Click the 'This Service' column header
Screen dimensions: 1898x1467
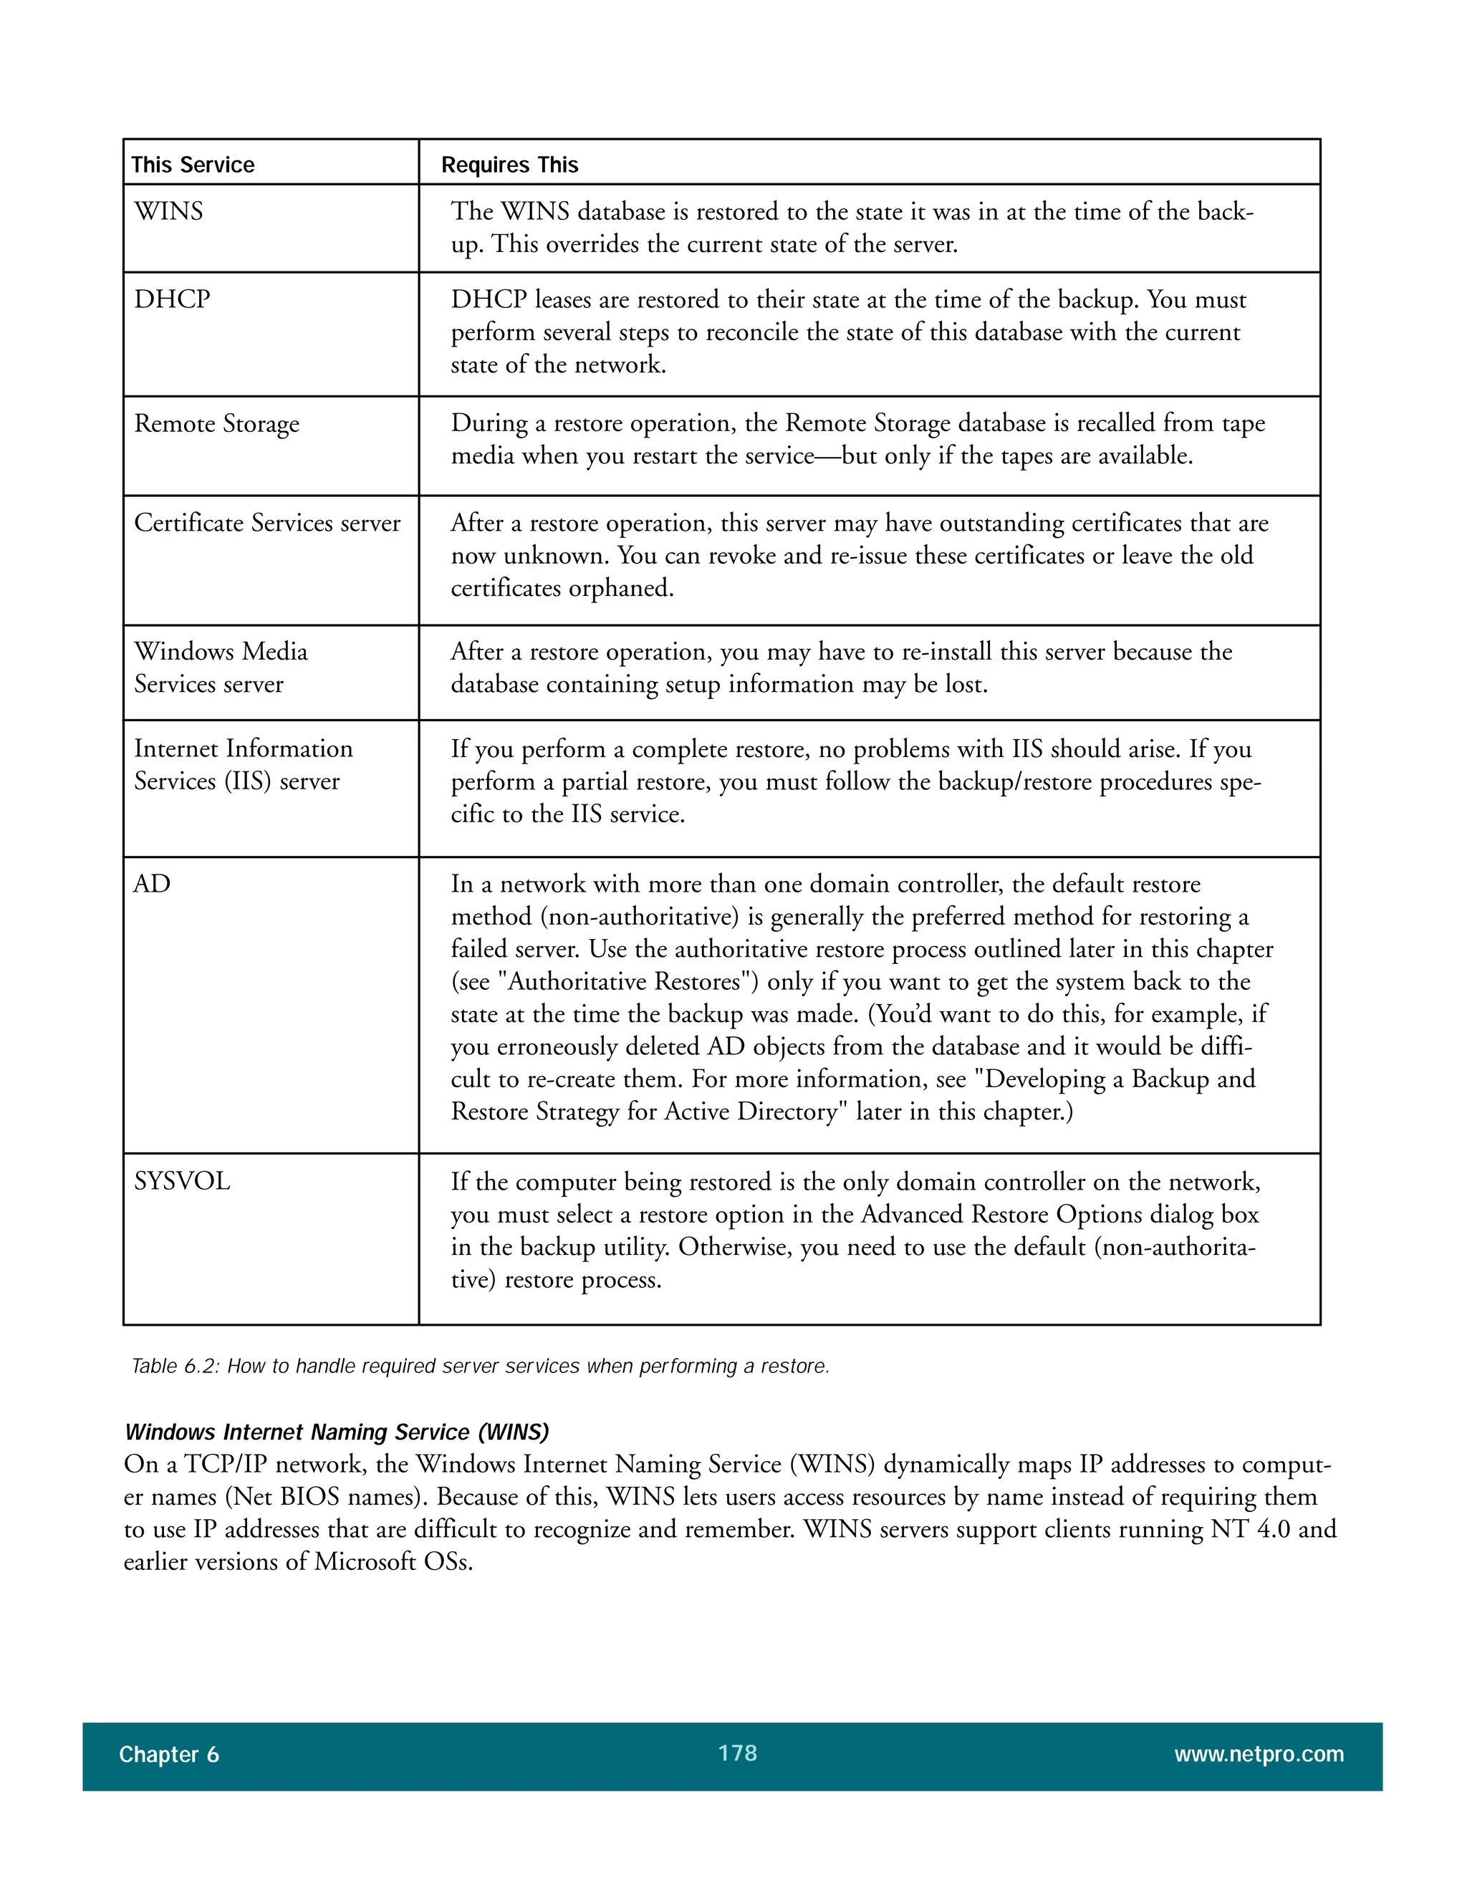pos(192,165)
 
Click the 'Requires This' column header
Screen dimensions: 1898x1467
pos(509,165)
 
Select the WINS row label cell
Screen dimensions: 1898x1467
pos(168,211)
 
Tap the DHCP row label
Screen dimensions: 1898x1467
pos(172,299)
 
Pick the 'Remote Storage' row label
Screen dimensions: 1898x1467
pos(216,423)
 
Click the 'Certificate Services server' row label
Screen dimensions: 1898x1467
pos(266,523)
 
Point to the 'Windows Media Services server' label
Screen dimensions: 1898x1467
pos(220,668)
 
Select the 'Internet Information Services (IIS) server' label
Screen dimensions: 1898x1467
pos(243,765)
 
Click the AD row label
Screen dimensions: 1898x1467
pos(152,884)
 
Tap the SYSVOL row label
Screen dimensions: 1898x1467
pos(182,1181)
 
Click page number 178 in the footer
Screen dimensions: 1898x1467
pos(737,1753)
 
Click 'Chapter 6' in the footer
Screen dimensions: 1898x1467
pos(168,1755)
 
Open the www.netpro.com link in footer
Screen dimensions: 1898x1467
pos(1259,1755)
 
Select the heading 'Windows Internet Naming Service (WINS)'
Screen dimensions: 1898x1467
pos(337,1432)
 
